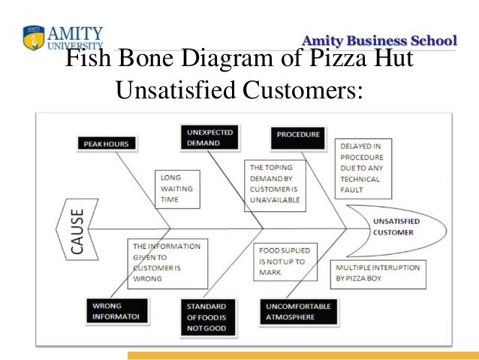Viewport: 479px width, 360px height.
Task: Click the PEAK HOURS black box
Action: point(106,143)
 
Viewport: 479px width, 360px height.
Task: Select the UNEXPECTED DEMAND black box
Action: point(205,137)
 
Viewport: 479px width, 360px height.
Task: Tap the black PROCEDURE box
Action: point(298,135)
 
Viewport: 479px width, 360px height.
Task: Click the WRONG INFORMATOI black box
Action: point(111,311)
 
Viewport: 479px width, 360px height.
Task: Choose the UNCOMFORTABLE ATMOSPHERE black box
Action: point(297,311)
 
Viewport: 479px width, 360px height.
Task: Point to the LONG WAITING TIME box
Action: point(178,189)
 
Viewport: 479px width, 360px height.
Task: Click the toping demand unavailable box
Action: point(276,184)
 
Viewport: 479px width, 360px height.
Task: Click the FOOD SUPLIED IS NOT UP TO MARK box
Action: point(286,260)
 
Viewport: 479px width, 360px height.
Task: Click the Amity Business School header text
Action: point(378,40)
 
